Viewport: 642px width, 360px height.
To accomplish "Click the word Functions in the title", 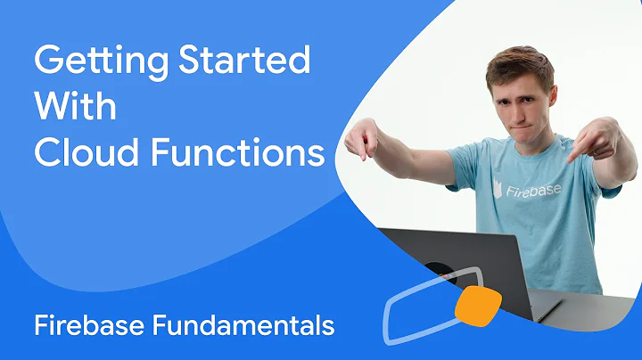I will [x=240, y=152].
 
